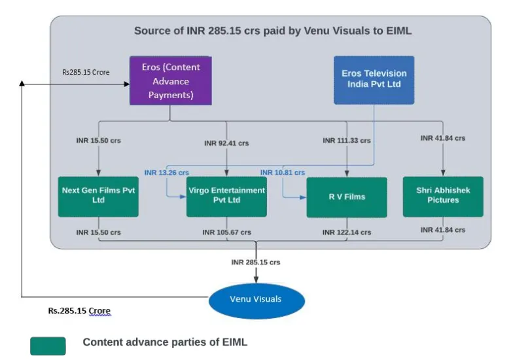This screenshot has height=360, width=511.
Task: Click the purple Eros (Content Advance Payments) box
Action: [171, 81]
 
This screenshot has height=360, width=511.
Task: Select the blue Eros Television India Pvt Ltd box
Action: [374, 81]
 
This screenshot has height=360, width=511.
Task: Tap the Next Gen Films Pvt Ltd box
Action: [98, 196]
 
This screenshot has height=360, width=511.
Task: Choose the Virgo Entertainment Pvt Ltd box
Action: [226, 196]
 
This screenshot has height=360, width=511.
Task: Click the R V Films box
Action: [347, 197]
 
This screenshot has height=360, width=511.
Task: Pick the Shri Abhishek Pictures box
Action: [443, 196]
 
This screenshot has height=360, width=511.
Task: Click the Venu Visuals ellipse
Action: [256, 300]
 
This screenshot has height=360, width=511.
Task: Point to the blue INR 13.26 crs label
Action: [167, 173]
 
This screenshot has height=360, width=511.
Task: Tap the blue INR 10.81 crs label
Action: [283, 173]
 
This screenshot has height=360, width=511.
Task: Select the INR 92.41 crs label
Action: [226, 143]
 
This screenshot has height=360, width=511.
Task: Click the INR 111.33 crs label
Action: [347, 141]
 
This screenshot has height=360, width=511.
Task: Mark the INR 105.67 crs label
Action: [227, 232]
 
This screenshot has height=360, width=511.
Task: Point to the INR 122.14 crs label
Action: [347, 232]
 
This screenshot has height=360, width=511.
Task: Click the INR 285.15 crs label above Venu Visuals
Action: [256, 262]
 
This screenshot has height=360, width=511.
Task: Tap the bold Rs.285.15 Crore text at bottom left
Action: [79, 311]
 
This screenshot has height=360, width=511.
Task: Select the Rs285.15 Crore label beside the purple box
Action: [86, 72]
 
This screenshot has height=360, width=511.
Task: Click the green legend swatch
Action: [48, 346]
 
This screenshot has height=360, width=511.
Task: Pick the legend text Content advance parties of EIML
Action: [165, 342]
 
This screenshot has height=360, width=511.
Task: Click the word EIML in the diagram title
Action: [399, 31]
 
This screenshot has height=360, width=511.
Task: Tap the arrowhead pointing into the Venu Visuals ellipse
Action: [256, 279]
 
